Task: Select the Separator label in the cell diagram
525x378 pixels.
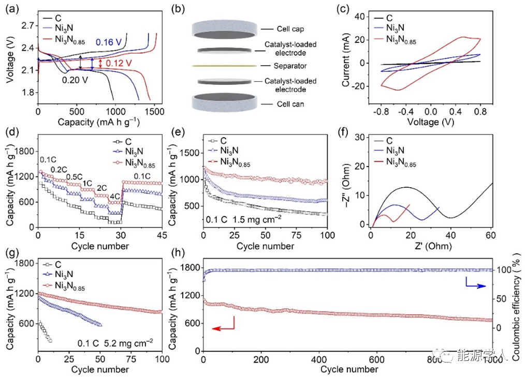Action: pyautogui.click(x=290, y=66)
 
